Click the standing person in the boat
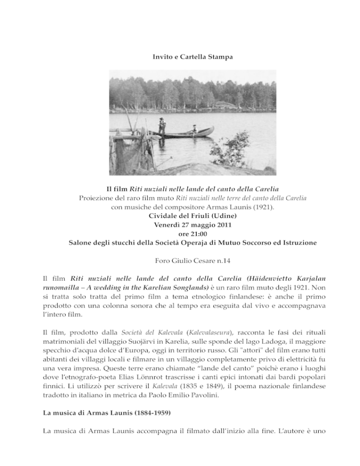coord(162,126)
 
